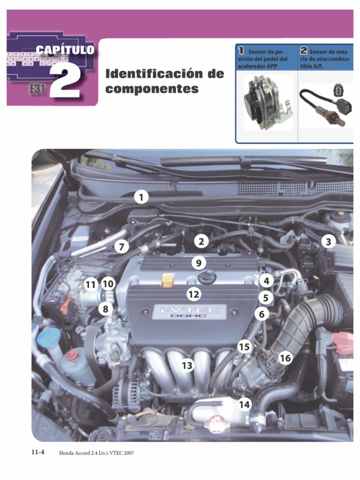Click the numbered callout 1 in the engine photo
pyautogui.click(x=141, y=197)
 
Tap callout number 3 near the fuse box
pyautogui.click(x=328, y=242)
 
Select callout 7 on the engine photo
pyautogui.click(x=121, y=247)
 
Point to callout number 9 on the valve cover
pyautogui.click(x=199, y=263)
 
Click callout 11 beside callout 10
pyautogui.click(x=90, y=285)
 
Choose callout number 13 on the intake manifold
pyautogui.click(x=187, y=365)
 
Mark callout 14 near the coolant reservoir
pyautogui.click(x=244, y=405)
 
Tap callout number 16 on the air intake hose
pyautogui.click(x=285, y=358)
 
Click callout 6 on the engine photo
pyautogui.click(x=262, y=314)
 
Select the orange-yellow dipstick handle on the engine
pyautogui.click(x=168, y=280)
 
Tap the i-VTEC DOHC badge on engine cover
pyautogui.click(x=189, y=312)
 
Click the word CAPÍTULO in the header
pyautogui.click(x=65, y=50)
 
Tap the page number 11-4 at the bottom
pyautogui.click(x=38, y=452)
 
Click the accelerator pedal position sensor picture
pyautogui.click(x=268, y=102)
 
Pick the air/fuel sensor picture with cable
pyautogui.click(x=326, y=104)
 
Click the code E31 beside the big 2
pyautogui.click(x=37, y=90)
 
